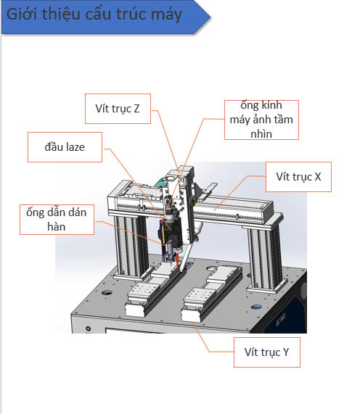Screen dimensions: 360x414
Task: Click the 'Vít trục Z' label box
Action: click(118, 109)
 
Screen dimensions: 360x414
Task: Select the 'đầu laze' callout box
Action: click(65, 147)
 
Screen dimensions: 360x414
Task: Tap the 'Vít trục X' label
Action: click(298, 177)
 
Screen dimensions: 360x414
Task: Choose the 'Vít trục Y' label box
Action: click(267, 352)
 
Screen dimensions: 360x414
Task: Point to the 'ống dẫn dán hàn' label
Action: click(57, 220)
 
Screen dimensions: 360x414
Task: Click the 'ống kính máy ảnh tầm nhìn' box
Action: click(261, 120)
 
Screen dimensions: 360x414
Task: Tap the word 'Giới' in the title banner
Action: click(21, 13)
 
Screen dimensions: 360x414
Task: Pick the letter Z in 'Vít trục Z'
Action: click(136, 109)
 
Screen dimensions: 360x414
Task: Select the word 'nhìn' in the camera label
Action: click(261, 134)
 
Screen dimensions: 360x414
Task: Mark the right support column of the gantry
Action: click(265, 258)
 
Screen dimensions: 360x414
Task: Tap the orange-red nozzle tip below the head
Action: click(177, 262)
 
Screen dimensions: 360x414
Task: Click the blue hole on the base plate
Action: click(256, 307)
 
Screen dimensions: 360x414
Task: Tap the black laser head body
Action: click(171, 232)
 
